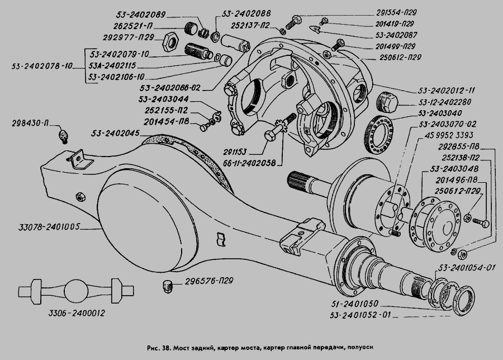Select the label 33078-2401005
pos(50,227)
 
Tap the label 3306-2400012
pos(77,315)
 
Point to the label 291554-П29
pos(386,13)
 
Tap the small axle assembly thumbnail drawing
pos(75,291)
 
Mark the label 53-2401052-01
pos(358,315)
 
